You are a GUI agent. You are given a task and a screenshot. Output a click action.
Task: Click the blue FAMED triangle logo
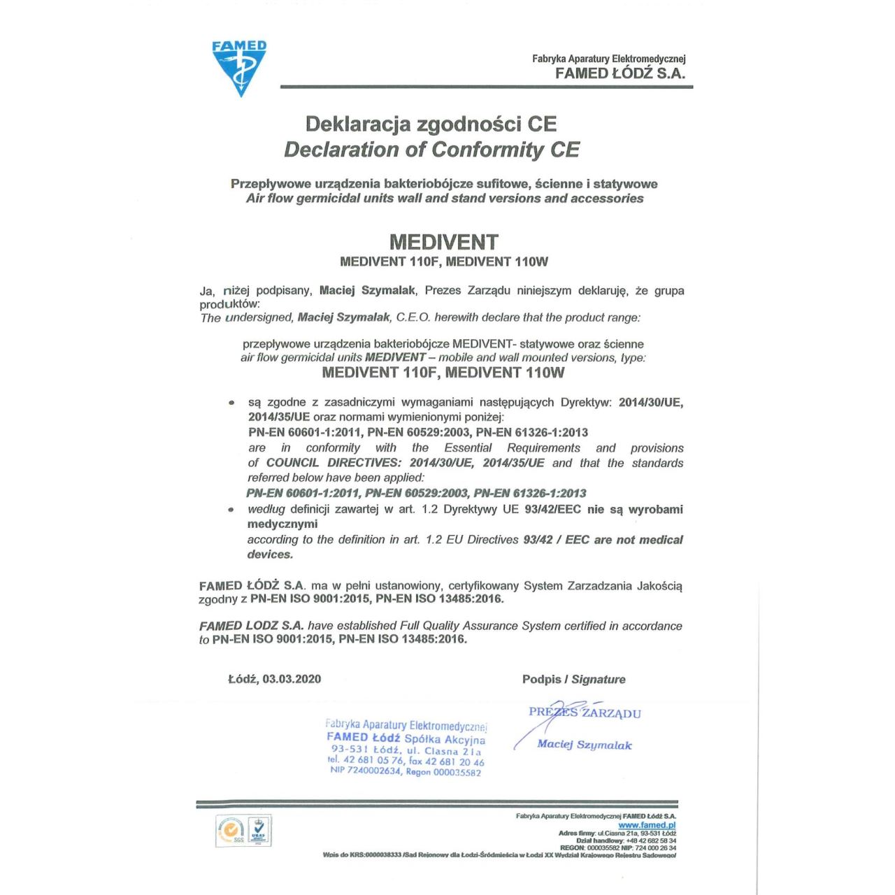point(239,67)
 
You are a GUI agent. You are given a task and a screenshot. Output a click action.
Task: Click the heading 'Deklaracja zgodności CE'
point(431,124)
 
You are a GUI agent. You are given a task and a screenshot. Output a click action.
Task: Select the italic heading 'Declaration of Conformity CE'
point(431,150)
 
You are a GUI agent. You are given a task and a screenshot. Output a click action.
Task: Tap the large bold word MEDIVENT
point(443,242)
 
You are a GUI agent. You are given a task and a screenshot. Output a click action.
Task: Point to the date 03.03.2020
point(292,679)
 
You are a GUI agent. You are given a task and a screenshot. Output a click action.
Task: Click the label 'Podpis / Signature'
point(573,679)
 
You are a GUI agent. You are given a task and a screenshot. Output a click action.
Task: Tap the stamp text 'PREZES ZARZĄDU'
point(585,713)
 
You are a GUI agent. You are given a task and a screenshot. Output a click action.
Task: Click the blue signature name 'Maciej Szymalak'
point(584,745)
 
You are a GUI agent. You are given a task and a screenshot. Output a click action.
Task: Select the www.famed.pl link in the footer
point(647,825)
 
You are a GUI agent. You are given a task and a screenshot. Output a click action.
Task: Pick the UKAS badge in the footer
point(259,831)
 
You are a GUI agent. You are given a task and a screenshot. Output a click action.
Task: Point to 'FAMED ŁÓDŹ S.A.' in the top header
point(620,73)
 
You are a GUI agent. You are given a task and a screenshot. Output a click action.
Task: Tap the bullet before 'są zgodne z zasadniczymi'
point(231,403)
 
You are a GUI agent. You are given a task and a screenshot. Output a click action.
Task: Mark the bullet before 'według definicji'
point(231,510)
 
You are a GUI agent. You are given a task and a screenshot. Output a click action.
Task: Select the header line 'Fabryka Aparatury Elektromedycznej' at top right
point(608,59)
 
